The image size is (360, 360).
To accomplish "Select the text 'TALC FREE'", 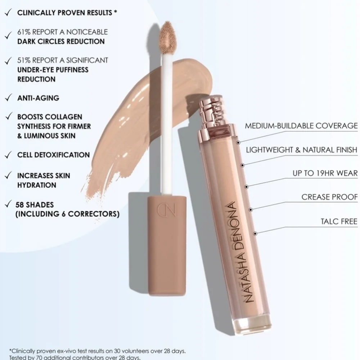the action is point(339,221).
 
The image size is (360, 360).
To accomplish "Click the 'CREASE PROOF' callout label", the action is point(329,197).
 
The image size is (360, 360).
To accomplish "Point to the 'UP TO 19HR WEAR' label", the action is point(325,173).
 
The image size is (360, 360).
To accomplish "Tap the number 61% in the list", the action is point(24,32).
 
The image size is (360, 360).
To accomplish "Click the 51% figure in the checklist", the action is point(24,60).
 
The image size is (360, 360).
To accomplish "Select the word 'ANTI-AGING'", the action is point(39,98).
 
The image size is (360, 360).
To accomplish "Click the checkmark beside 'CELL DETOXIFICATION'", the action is point(8,155).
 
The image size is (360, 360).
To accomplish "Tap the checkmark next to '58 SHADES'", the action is point(8,204).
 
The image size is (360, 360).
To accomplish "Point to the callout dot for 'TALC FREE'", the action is point(255,234).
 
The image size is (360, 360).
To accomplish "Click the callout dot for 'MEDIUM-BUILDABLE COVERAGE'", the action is point(238,143).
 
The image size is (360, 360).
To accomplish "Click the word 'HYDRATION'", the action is point(37,185).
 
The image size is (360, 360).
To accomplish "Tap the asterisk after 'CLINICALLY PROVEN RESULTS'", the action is point(116,12).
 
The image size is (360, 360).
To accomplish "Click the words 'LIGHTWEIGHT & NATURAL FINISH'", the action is point(302,150).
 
